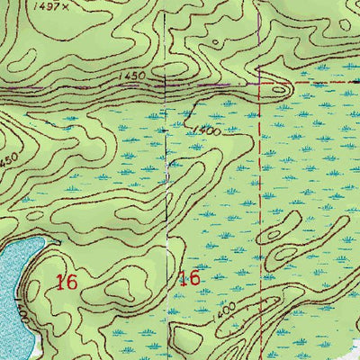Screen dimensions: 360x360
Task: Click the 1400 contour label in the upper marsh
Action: tap(206, 130)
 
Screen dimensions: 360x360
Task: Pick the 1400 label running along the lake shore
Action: tap(18, 316)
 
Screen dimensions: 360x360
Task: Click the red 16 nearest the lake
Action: tap(65, 282)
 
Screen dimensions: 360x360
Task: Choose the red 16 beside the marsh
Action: tap(189, 277)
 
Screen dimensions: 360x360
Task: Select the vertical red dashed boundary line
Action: tap(260, 198)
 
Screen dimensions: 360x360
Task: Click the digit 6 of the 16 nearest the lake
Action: tap(70, 282)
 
